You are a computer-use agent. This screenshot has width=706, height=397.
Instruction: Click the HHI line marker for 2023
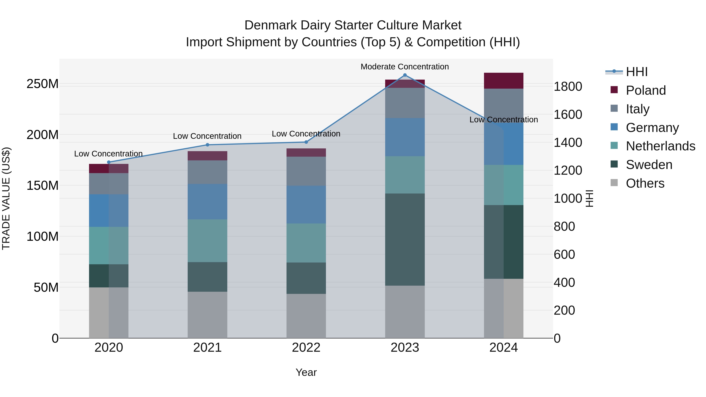(x=405, y=75)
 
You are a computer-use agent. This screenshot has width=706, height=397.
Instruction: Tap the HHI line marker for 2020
(x=109, y=162)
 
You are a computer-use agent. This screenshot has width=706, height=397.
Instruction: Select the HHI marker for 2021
(x=207, y=145)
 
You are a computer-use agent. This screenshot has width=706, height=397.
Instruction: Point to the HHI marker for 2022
(x=306, y=142)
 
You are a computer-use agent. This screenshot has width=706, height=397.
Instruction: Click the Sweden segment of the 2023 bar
(x=405, y=239)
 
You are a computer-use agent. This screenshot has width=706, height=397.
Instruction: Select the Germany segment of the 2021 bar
(x=207, y=202)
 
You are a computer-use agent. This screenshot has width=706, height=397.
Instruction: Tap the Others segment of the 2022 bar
(x=306, y=316)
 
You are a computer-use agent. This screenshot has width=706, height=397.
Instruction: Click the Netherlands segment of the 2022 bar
(x=306, y=243)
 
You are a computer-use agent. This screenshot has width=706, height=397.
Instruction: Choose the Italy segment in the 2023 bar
(x=405, y=103)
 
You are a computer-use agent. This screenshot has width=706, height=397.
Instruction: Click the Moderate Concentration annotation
(x=405, y=67)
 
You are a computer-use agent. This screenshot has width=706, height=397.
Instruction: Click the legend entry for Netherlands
(x=660, y=146)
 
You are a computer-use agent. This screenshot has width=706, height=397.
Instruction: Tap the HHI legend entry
(x=637, y=72)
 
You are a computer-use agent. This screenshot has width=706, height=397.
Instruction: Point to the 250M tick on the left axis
(x=43, y=84)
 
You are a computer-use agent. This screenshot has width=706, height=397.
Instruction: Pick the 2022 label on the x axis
(x=306, y=348)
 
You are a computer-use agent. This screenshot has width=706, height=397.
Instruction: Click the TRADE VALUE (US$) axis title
(x=6, y=198)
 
